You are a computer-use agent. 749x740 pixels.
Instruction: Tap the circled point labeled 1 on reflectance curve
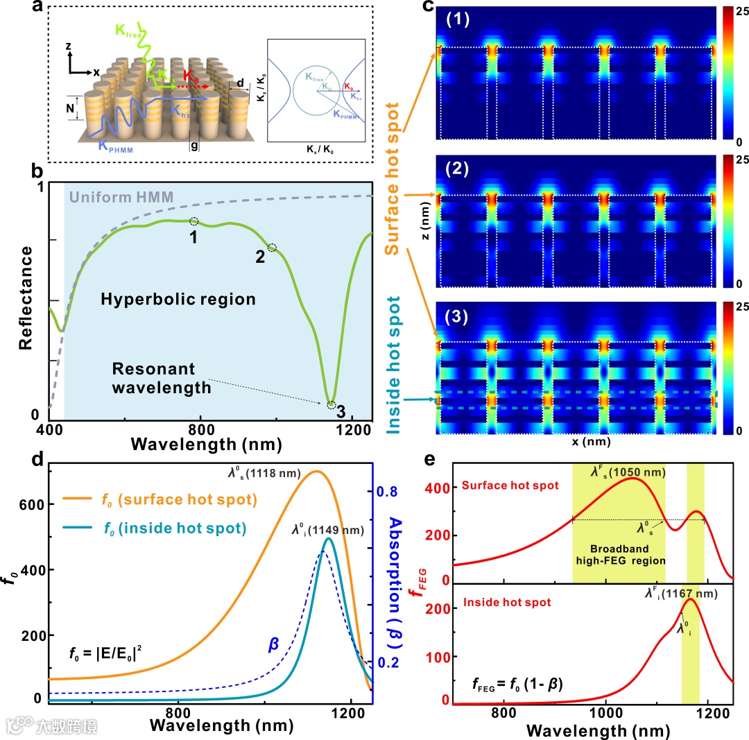(x=194, y=221)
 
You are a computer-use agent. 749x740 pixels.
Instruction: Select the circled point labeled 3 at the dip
(x=331, y=405)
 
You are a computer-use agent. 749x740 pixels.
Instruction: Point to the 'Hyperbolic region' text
(x=178, y=300)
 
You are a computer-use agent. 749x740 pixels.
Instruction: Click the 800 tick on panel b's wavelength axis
(x=200, y=429)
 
